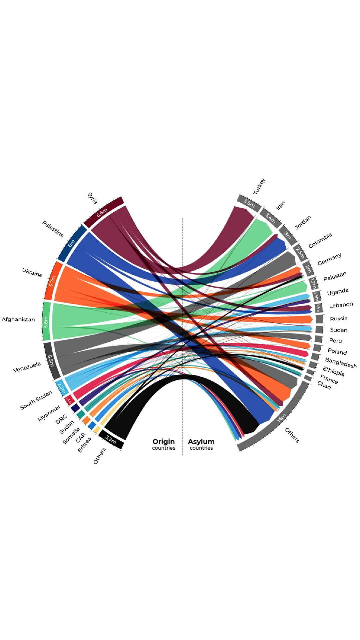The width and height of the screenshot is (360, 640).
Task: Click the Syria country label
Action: point(92,198)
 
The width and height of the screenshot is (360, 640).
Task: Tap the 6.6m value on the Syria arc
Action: point(102,213)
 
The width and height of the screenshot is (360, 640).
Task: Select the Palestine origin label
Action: point(53,229)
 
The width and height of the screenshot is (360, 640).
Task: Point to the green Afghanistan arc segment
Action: point(47,321)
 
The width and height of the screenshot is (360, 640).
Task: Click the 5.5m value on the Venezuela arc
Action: point(51,360)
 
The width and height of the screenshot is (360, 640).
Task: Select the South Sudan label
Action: point(36,400)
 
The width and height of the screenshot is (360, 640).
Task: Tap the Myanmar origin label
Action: point(49,413)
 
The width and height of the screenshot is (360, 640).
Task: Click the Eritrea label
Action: point(85,445)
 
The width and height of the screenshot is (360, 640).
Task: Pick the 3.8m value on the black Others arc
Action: point(110,440)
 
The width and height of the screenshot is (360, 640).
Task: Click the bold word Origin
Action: point(164,441)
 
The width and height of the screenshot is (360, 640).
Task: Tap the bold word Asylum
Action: point(201,441)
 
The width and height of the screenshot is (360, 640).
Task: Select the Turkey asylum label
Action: point(259,187)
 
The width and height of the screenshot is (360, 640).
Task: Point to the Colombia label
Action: point(320,240)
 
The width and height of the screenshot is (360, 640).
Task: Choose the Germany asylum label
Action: point(329,259)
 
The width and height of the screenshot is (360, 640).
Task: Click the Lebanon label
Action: point(341,305)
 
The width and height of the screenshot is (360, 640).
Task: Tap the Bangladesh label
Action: point(341,363)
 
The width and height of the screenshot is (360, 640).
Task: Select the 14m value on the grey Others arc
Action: point(281,418)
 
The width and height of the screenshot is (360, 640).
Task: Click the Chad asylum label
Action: point(324,385)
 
